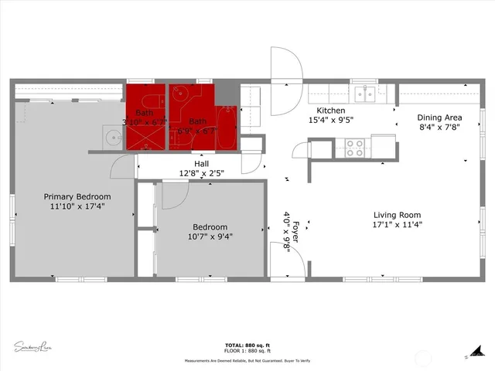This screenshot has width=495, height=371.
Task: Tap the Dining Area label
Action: pos(440,117)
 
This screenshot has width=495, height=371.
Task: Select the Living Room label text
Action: pos(398,216)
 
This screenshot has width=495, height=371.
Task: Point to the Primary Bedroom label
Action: pos(77,196)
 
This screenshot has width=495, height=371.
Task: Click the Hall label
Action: pos(201,164)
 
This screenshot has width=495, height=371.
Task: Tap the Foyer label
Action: pos(295,230)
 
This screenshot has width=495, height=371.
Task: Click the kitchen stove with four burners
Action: pos(354,147)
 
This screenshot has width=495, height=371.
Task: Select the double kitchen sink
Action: pos(364,94)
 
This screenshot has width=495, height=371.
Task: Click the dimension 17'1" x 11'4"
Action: pos(398,226)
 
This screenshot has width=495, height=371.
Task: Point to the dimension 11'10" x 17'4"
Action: pos(77,207)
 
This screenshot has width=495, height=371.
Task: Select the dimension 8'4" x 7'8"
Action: pos(440,128)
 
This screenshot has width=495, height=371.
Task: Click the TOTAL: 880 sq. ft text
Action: pos(247,345)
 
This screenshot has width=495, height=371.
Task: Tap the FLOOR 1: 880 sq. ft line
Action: pos(247,352)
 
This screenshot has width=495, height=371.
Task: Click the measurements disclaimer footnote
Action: pos(247,361)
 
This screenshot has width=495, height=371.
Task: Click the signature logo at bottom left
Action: pos(32,345)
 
